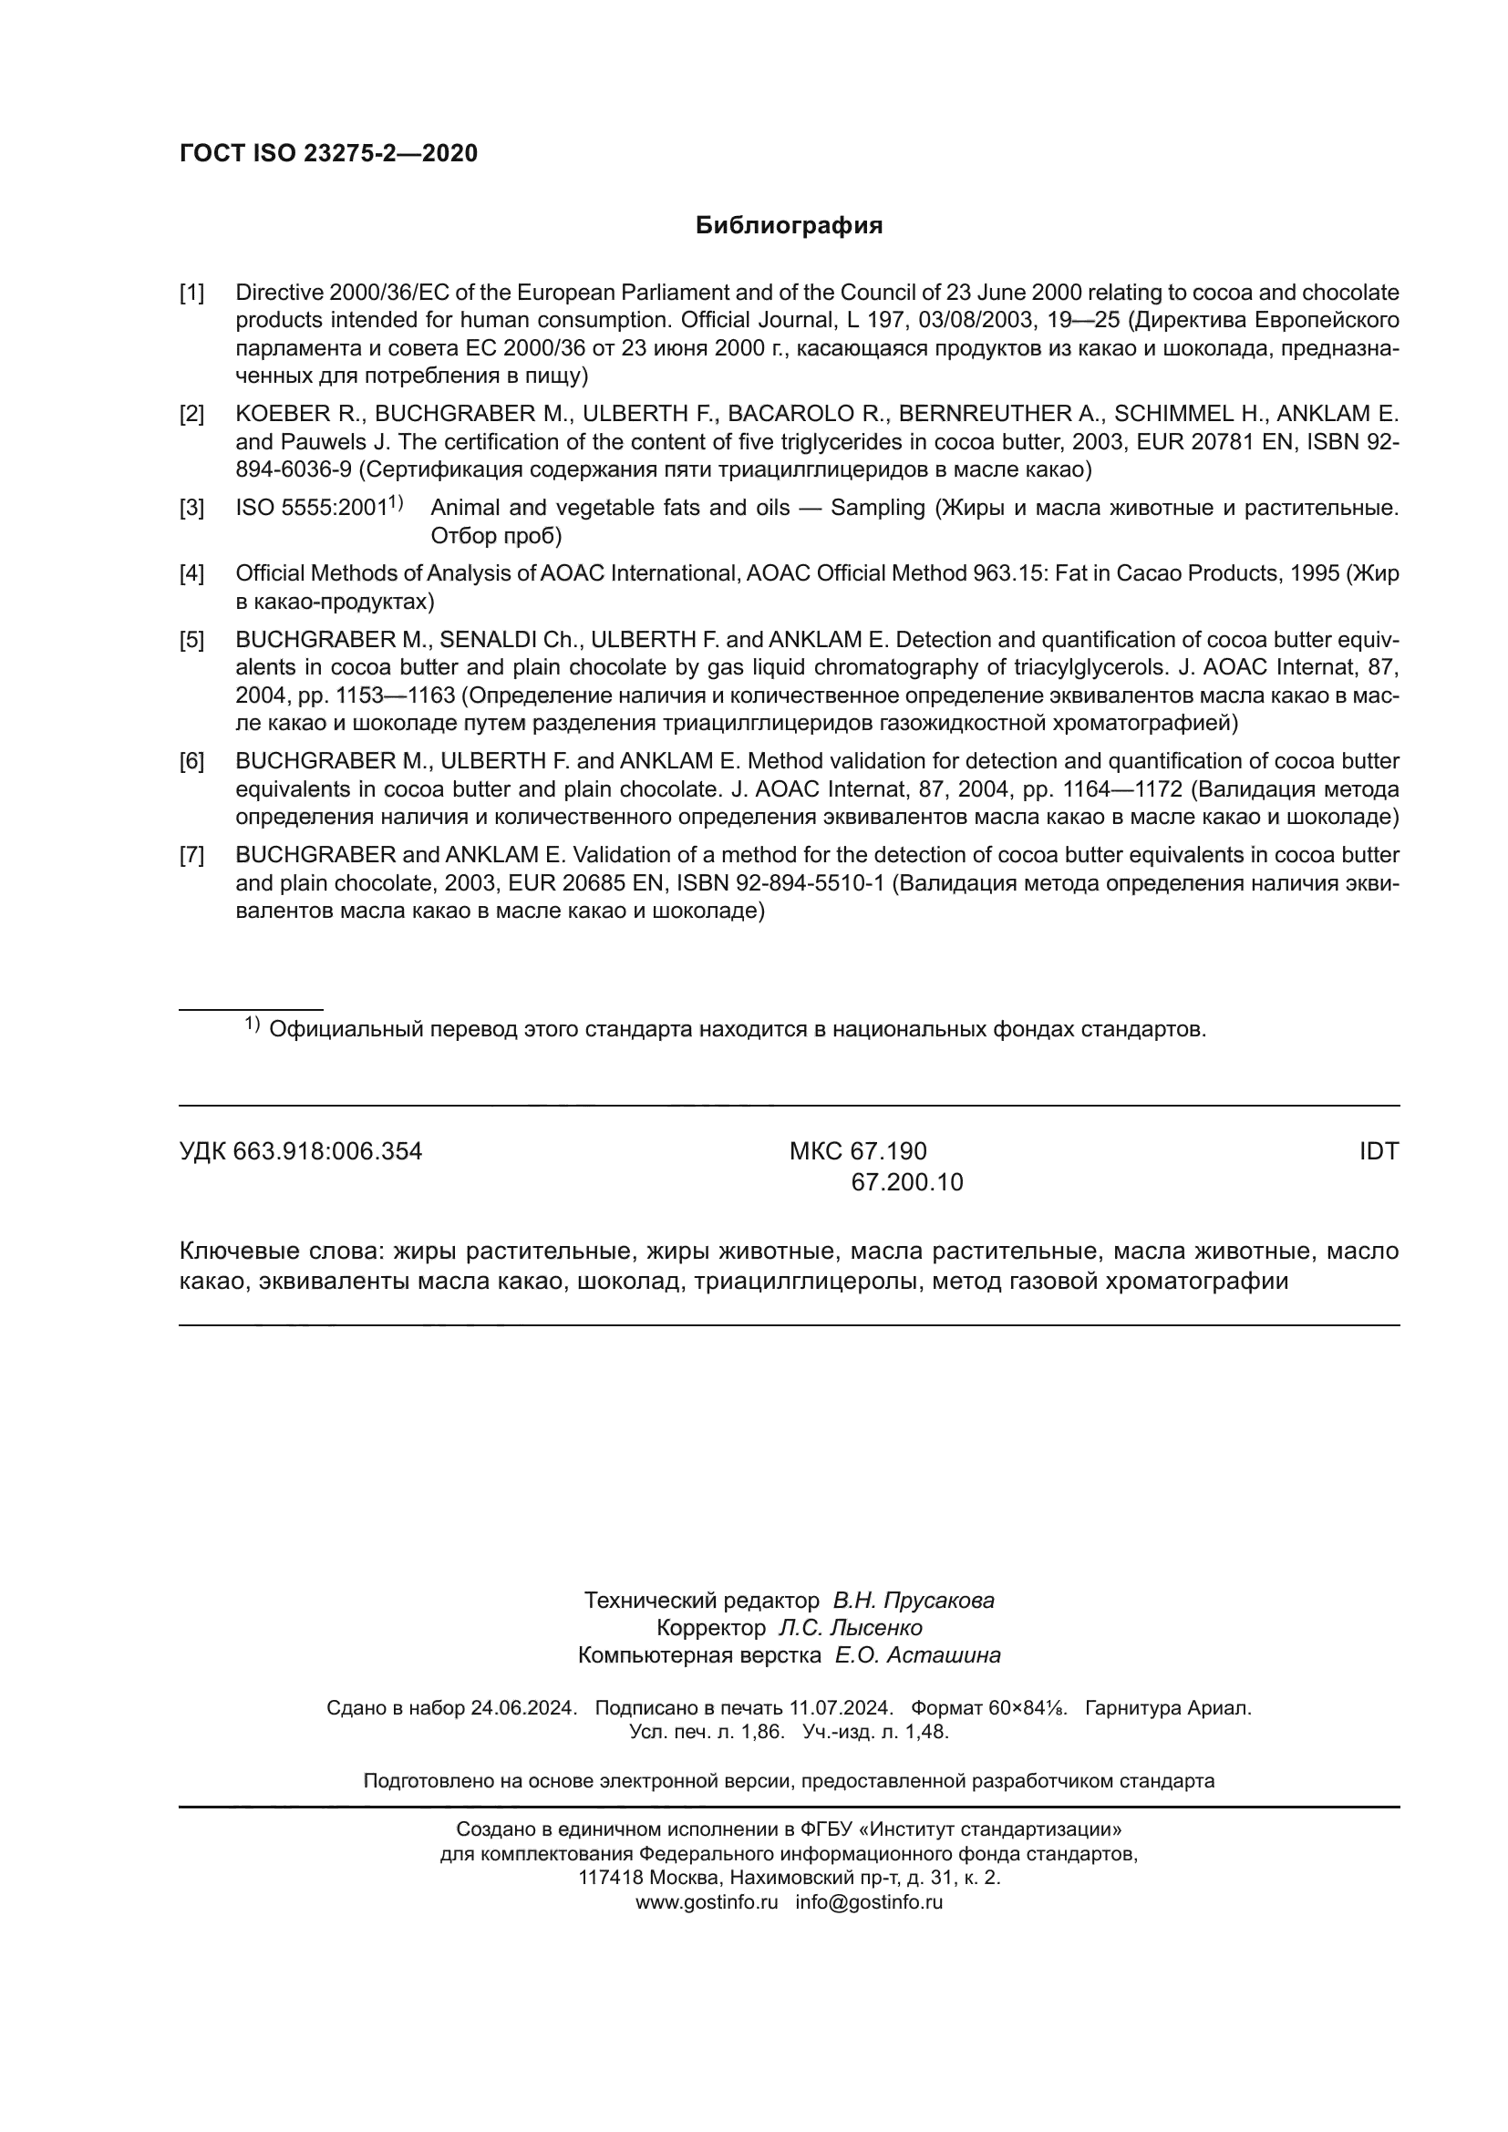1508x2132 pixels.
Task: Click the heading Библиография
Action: click(789, 226)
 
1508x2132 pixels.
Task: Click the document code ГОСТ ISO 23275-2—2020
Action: click(328, 153)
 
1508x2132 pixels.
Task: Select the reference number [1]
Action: click(191, 294)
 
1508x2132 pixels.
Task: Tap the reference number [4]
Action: click(191, 574)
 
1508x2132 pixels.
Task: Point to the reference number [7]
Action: click(191, 855)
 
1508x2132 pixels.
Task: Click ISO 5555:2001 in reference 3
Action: click(311, 508)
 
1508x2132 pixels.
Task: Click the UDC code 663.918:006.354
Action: click(327, 1151)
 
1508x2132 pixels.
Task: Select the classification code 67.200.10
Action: click(907, 1182)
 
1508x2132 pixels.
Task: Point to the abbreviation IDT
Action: click(1378, 1151)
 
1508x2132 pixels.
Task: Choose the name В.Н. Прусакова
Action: click(913, 1600)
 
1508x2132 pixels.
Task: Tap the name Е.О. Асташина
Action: click(917, 1654)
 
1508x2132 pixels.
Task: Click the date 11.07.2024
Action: click(841, 1707)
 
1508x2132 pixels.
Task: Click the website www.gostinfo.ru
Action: click(706, 1901)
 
